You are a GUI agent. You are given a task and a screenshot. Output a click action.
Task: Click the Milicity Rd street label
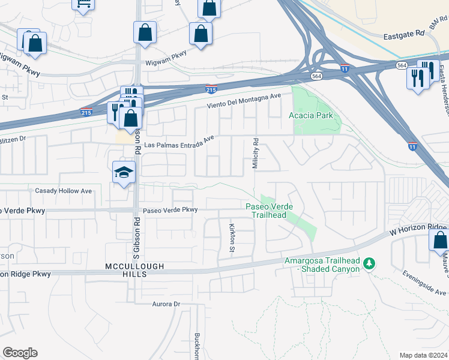(x=255, y=154)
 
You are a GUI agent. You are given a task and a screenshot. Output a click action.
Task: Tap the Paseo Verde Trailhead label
(x=270, y=211)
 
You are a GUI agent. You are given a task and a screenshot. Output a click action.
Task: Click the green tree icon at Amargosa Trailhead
(x=370, y=263)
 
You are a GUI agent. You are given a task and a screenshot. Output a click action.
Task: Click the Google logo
(x=20, y=353)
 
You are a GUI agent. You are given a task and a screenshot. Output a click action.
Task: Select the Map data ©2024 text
(x=424, y=355)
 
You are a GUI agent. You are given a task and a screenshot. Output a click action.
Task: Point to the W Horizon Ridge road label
(x=418, y=229)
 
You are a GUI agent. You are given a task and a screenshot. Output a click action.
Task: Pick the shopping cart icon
(x=83, y=4)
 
